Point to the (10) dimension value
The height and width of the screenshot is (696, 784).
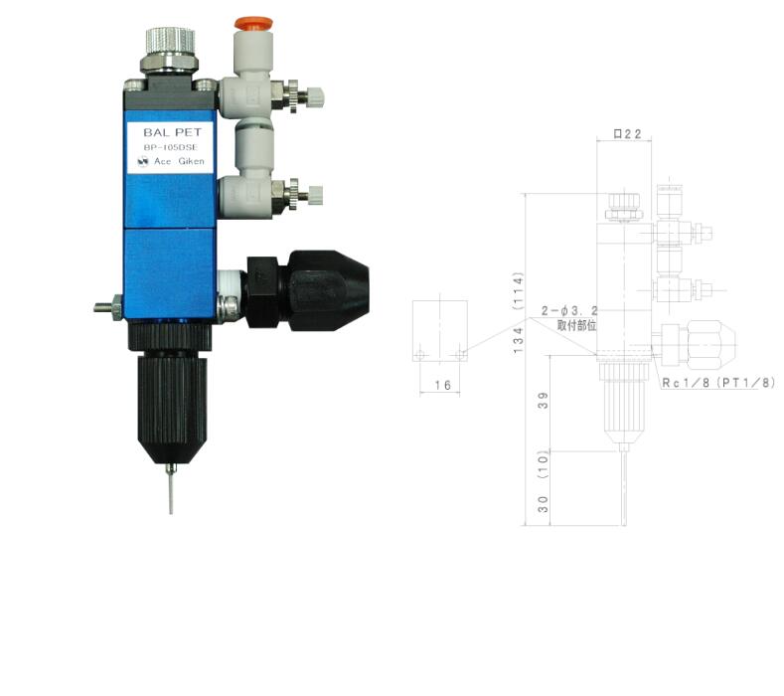tap(542, 461)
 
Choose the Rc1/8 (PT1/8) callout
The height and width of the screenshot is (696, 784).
tap(717, 382)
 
